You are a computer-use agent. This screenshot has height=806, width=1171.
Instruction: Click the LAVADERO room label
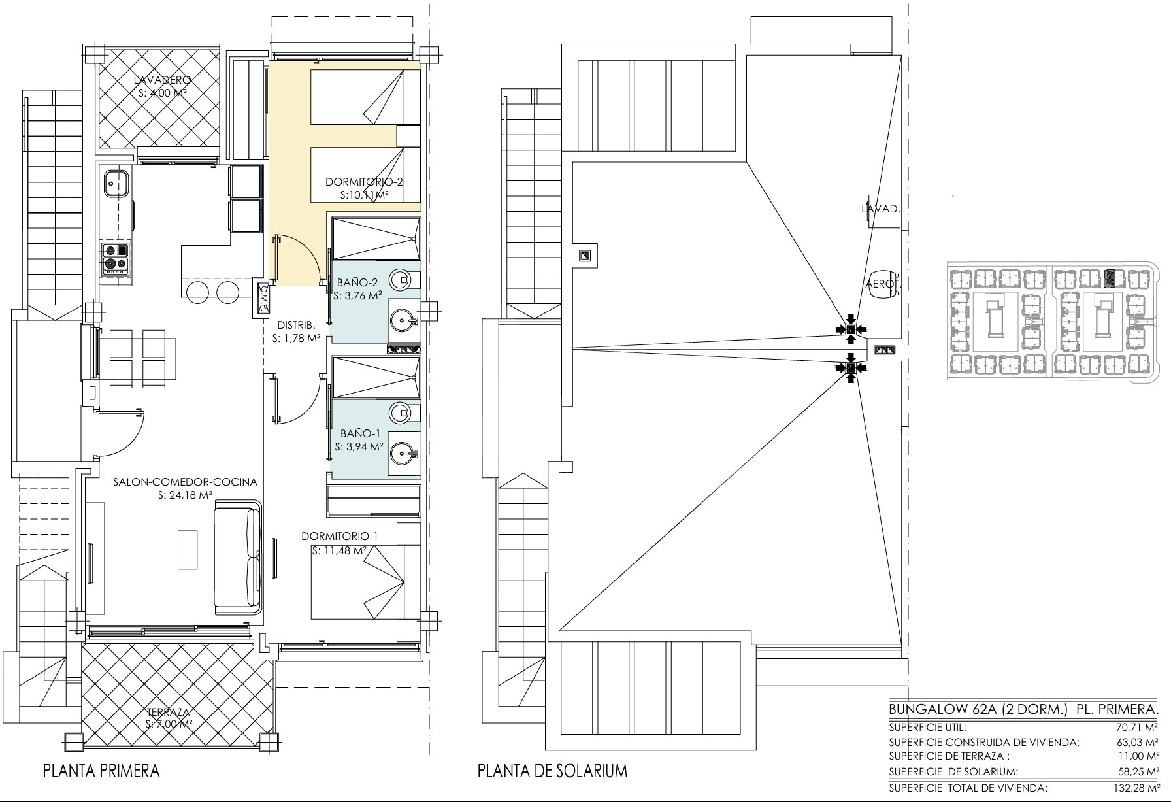point(161,80)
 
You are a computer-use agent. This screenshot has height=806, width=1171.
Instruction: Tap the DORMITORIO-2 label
point(364,182)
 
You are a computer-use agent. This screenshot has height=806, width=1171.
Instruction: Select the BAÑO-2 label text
point(357,283)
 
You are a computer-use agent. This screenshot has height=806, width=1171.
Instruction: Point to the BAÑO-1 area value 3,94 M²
point(359,447)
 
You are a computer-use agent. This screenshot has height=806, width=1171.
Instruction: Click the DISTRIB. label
point(297,325)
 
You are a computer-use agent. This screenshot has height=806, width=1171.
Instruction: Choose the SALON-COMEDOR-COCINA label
point(185,482)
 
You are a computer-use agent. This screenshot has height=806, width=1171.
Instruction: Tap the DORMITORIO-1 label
point(340,536)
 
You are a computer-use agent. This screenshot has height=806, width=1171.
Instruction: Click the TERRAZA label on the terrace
point(168,712)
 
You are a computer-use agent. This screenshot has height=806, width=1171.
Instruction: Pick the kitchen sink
point(116,181)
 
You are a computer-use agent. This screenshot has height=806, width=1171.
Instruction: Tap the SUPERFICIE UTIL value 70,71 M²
point(1139,727)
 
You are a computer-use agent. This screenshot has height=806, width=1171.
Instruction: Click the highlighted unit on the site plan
point(1109,280)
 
